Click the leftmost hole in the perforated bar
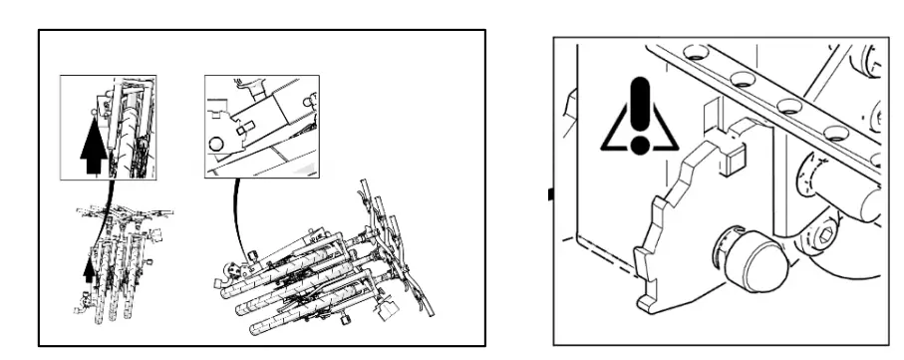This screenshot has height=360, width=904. pyautogui.click(x=694, y=50)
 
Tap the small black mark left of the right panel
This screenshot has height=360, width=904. pyautogui.click(x=547, y=192)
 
